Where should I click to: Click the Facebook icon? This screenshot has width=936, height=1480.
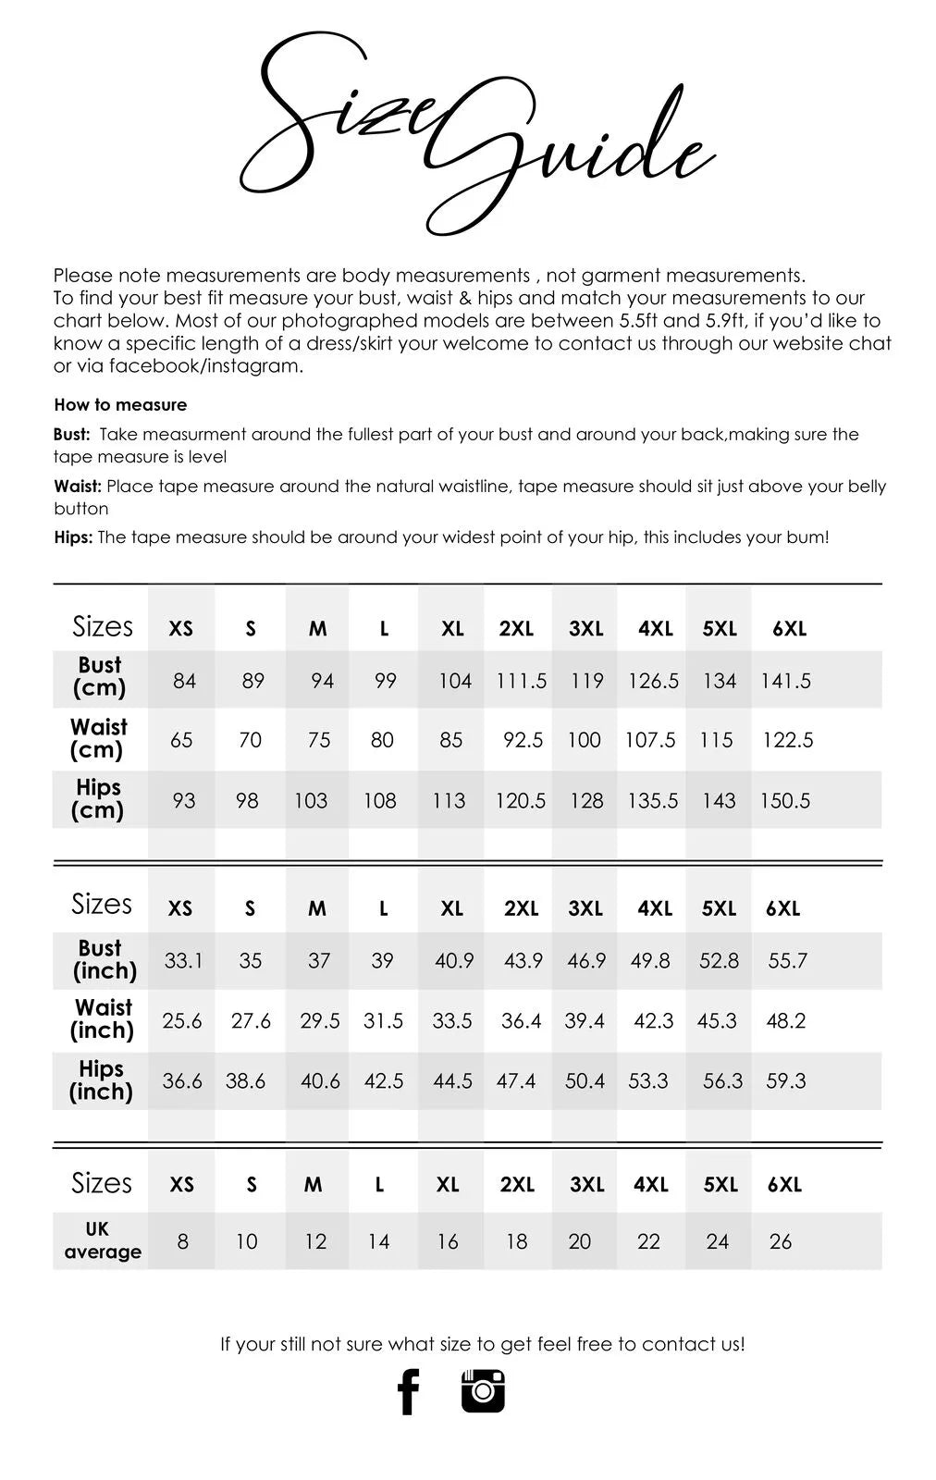coord(408,1391)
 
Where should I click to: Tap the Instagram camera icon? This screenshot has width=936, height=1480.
coord(483,1390)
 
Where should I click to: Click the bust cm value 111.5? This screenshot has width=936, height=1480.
coord(521,681)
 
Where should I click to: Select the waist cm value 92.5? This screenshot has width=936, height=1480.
coord(523,740)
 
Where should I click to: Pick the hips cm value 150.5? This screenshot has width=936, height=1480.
coord(784,800)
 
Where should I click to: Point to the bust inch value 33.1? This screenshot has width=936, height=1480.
coord(183,961)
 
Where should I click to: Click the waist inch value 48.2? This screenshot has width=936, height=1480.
coord(785,1020)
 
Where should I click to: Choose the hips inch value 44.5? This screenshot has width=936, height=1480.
coord(452,1080)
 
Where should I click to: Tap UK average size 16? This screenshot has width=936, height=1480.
coord(448,1241)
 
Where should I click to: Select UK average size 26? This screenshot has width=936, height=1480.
coord(781,1241)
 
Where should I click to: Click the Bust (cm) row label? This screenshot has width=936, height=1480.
coord(100,677)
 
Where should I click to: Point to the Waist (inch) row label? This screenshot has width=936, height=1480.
coord(103,1018)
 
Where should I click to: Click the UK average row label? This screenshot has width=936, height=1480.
coord(102,1240)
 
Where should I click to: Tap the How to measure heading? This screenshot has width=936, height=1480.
coord(120,404)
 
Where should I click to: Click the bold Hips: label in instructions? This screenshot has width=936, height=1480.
coord(73,537)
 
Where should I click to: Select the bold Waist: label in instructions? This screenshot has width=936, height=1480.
coord(78,486)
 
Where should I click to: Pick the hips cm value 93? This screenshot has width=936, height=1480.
coord(184,800)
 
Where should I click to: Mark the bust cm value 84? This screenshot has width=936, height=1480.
coord(185,681)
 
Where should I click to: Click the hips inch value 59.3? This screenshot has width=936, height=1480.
coord(785,1080)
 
